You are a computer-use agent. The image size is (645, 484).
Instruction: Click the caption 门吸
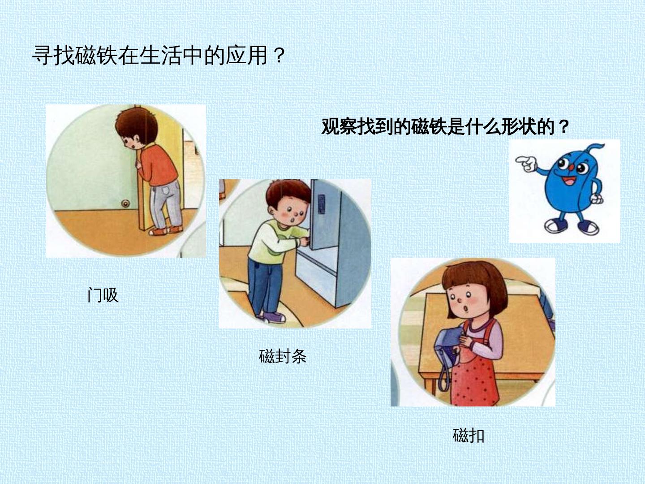[x=103, y=295]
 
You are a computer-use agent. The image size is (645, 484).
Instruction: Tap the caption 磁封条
[x=283, y=356]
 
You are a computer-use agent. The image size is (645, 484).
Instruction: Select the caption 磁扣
[x=469, y=436]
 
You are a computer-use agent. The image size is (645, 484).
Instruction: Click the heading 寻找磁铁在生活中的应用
[x=150, y=55]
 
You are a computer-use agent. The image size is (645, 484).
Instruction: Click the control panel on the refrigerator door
[x=322, y=204]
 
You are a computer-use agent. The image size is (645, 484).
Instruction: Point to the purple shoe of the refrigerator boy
[x=274, y=317]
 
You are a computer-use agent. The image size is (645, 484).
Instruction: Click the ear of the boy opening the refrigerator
[x=271, y=209]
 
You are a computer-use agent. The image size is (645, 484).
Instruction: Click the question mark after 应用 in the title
[x=279, y=56]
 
